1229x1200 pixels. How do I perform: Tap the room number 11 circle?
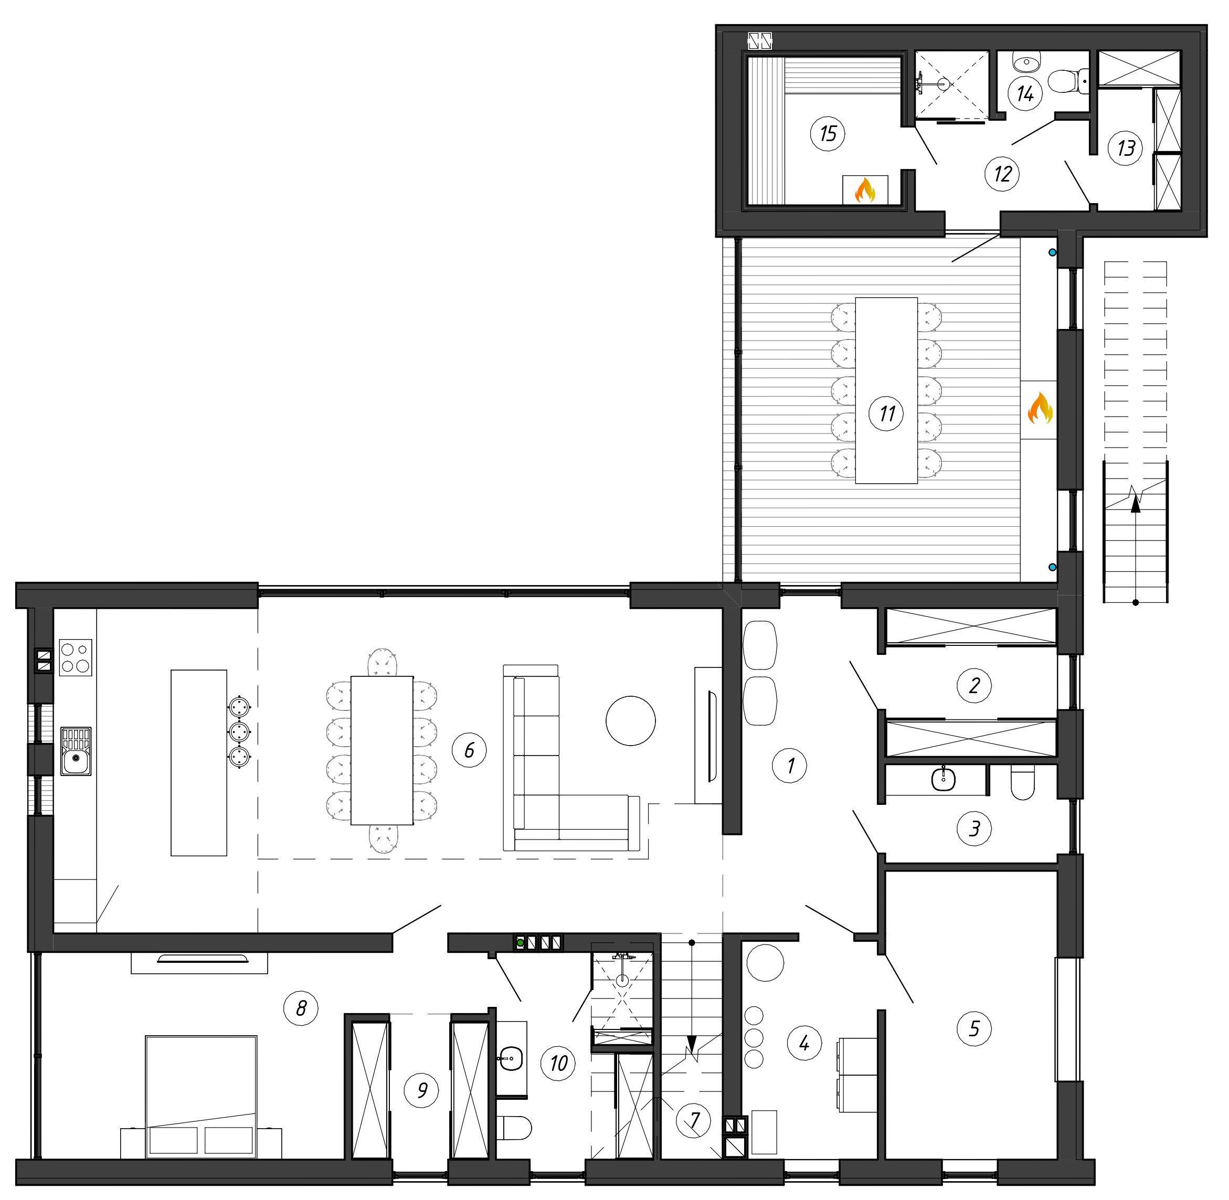tap(887, 413)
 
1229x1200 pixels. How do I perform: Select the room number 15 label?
tap(828, 134)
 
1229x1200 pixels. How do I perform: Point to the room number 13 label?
tap(1126, 148)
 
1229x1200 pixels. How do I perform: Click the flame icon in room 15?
tap(865, 190)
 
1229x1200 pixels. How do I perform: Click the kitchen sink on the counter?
tap(76, 751)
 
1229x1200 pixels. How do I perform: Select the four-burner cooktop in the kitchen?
tap(76, 657)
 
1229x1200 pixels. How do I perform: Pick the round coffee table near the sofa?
tap(630, 720)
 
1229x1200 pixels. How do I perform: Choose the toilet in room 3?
tap(1022, 782)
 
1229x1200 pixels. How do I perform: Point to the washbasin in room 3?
tap(943, 779)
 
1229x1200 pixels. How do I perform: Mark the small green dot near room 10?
tap(521, 943)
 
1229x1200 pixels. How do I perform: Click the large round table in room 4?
tap(765, 962)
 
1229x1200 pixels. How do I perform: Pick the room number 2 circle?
tap(974, 685)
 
